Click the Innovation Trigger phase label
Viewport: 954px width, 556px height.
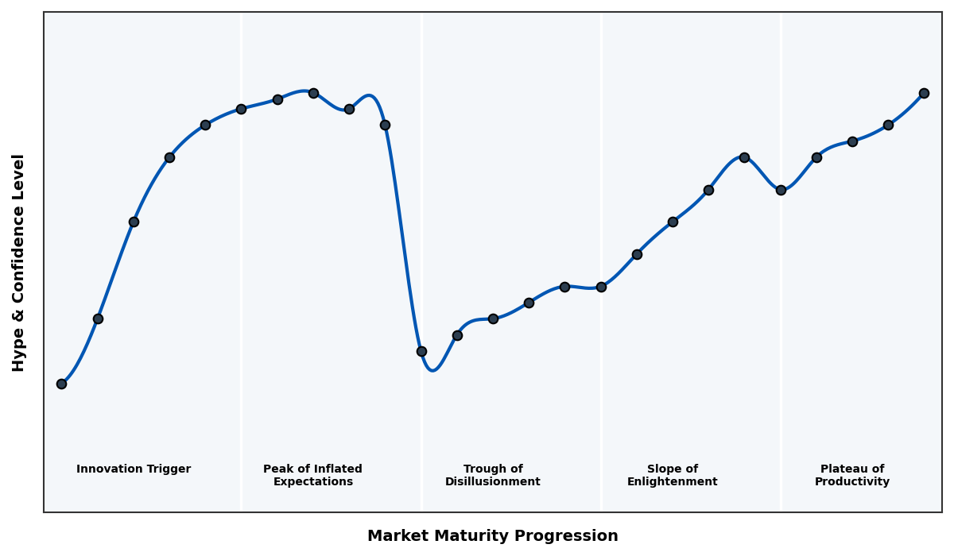pos(134,469)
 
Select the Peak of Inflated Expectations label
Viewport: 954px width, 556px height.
pos(312,475)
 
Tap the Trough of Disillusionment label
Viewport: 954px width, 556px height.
pos(493,475)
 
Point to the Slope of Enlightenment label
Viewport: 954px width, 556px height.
pos(673,475)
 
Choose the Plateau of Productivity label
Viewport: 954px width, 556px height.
pos(852,475)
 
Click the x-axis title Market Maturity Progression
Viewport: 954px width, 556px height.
pos(492,536)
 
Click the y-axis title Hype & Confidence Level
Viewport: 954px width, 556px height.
pos(19,262)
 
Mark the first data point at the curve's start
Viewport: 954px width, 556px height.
pos(61,384)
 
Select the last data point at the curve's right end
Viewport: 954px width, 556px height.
pos(924,93)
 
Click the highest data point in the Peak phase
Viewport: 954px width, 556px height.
pos(313,93)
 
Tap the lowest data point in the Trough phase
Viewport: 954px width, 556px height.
pos(421,351)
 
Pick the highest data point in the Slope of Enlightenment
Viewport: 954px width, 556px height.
pos(744,157)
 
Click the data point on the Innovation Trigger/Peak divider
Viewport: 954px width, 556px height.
pos(241,109)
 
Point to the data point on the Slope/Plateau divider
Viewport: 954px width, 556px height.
pos(781,190)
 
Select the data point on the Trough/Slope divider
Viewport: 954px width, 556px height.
pos(601,287)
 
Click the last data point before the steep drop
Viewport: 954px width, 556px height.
pos(385,125)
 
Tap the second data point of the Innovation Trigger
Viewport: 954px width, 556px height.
pos(98,319)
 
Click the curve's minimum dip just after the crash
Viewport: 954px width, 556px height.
pos(432,370)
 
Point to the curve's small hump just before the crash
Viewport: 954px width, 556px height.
pos(369,95)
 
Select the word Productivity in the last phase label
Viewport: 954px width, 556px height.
pos(852,482)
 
